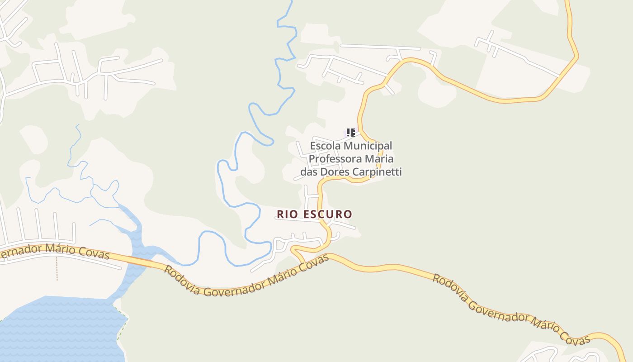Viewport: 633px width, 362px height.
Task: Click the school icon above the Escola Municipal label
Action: [x=350, y=133]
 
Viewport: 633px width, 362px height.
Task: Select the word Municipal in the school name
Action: [x=368, y=146]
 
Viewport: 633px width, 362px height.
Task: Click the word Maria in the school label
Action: [x=381, y=159]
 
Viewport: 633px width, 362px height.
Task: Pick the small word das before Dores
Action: [x=309, y=172]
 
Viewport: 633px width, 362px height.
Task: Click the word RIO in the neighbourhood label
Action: [x=288, y=214]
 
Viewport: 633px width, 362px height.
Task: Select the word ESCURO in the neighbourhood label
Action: [x=327, y=214]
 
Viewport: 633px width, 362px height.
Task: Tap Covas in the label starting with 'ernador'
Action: [x=94, y=254]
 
